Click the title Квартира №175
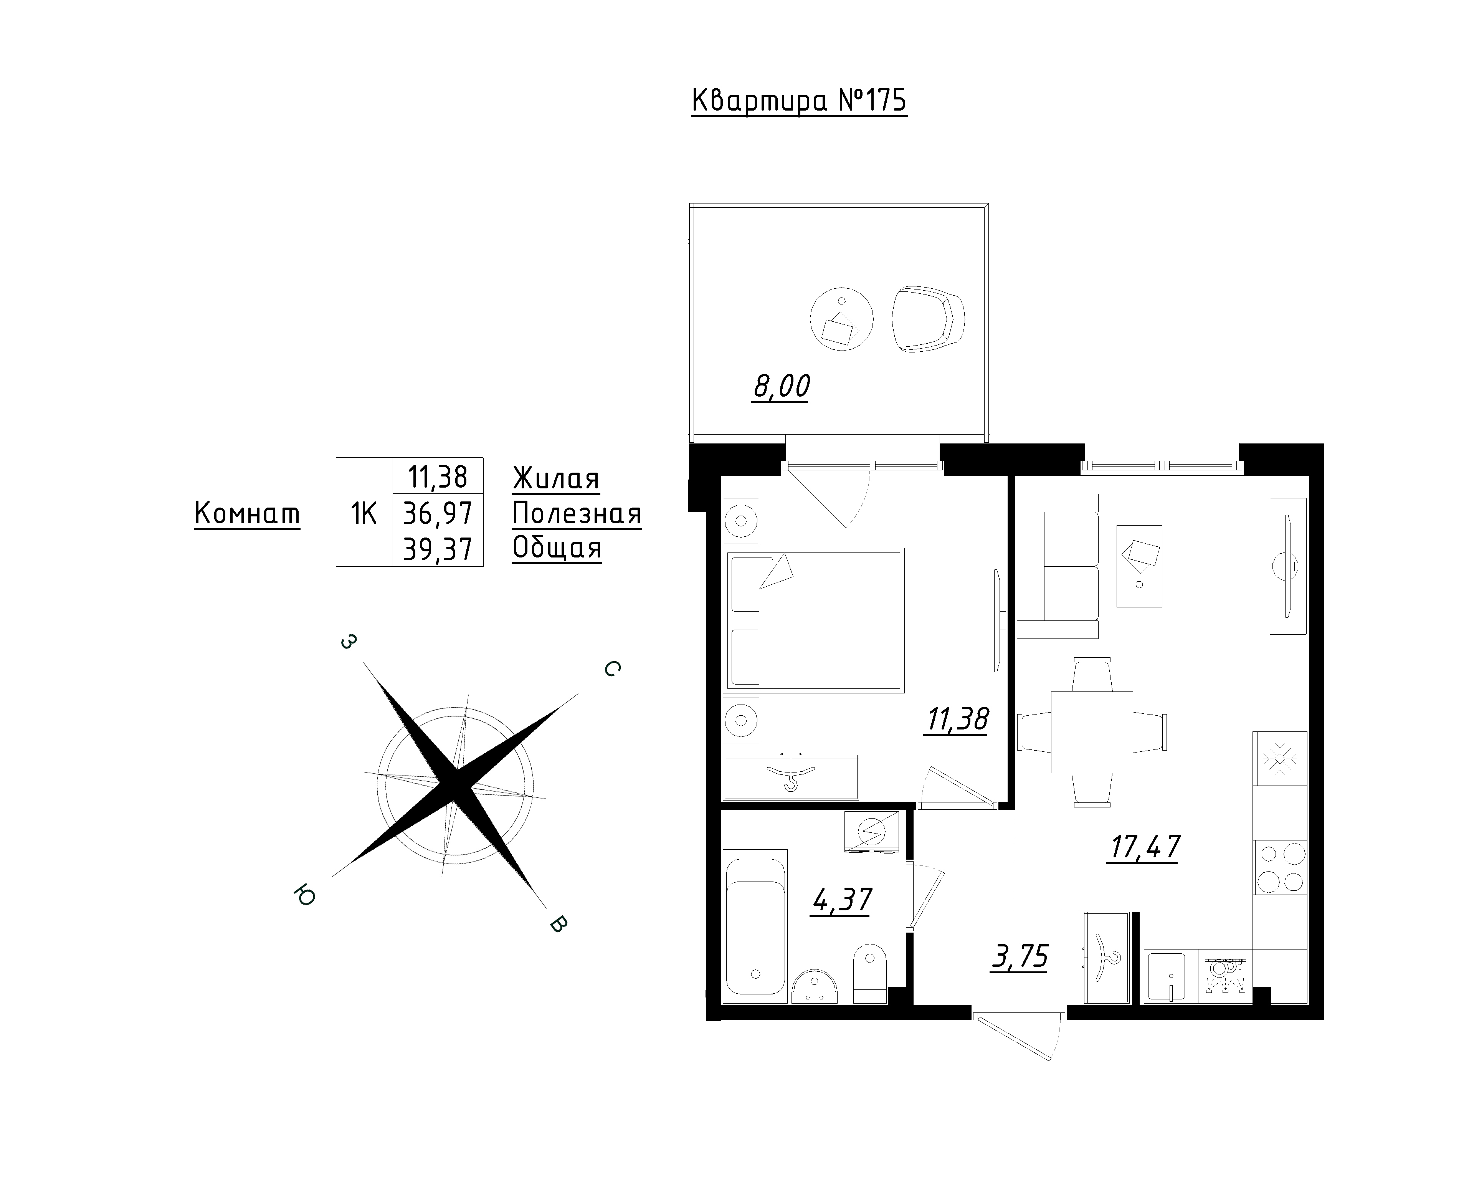(799, 101)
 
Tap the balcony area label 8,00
(781, 387)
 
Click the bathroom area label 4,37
(842, 900)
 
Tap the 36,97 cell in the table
(438, 512)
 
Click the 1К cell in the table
(364, 512)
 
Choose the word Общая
(557, 548)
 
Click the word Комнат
(248, 513)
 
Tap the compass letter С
(612, 669)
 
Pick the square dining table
(1092, 732)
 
